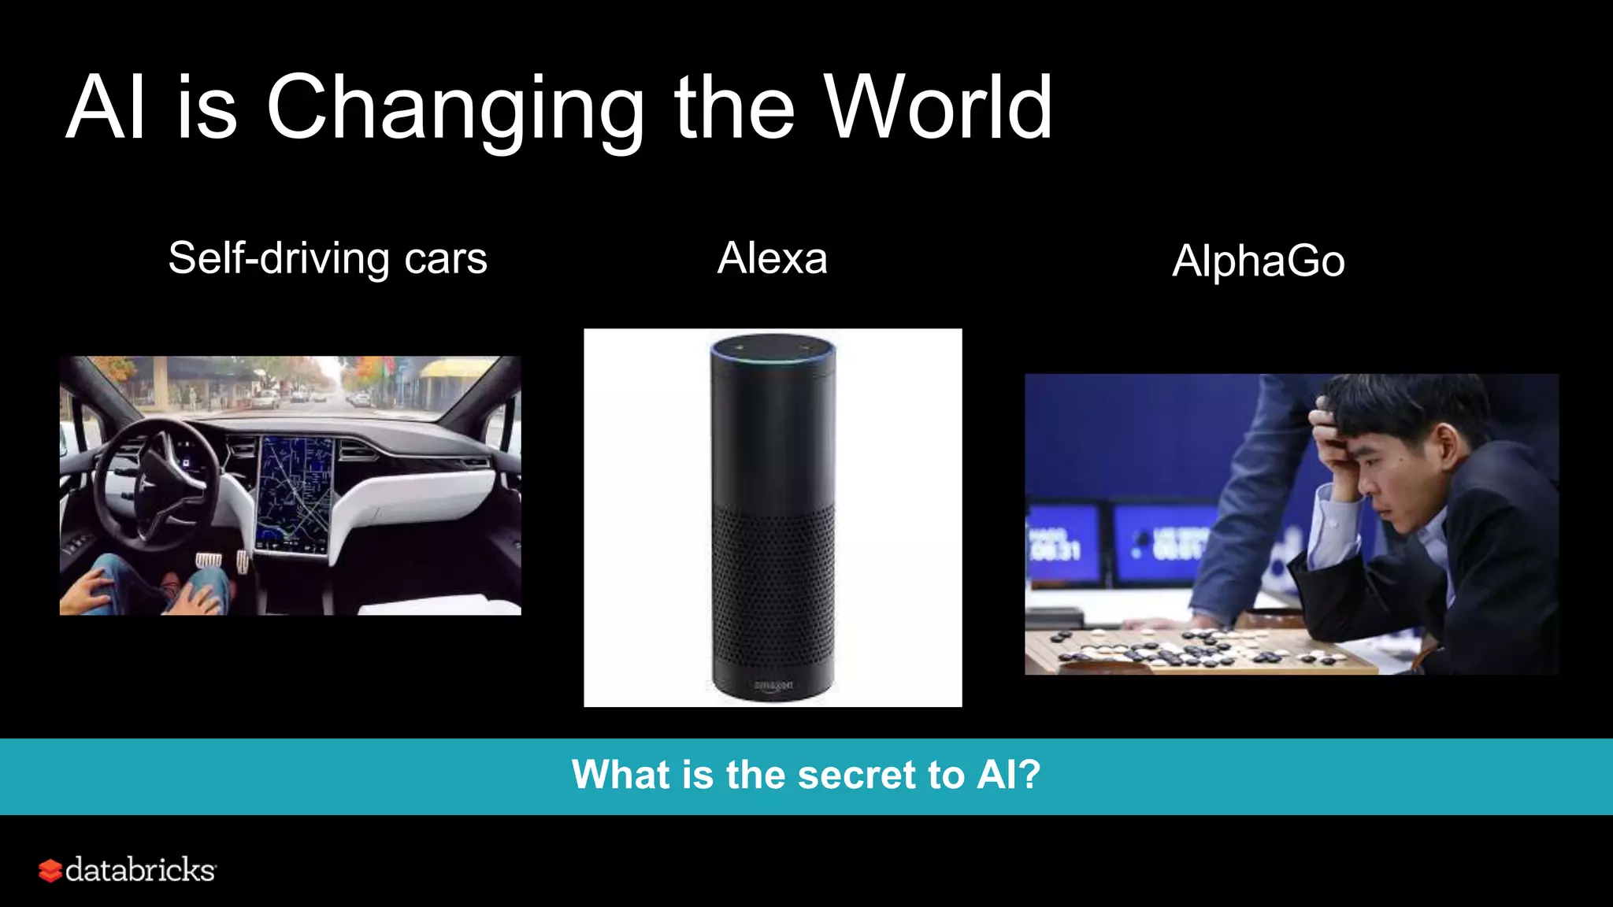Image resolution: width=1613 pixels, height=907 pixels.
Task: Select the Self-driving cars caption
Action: pyautogui.click(x=328, y=258)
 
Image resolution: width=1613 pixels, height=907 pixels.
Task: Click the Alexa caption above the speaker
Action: pyautogui.click(x=772, y=258)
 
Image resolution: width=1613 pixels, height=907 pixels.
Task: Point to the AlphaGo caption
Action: pyautogui.click(x=1258, y=261)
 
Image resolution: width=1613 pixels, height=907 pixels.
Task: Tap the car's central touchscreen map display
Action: pyautogui.click(x=295, y=492)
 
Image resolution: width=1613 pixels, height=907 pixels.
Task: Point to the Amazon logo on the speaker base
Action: pyautogui.click(x=773, y=686)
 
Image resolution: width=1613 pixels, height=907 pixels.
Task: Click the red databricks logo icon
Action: pyautogui.click(x=50, y=871)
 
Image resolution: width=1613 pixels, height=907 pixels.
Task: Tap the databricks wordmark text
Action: pyautogui.click(x=140, y=870)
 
